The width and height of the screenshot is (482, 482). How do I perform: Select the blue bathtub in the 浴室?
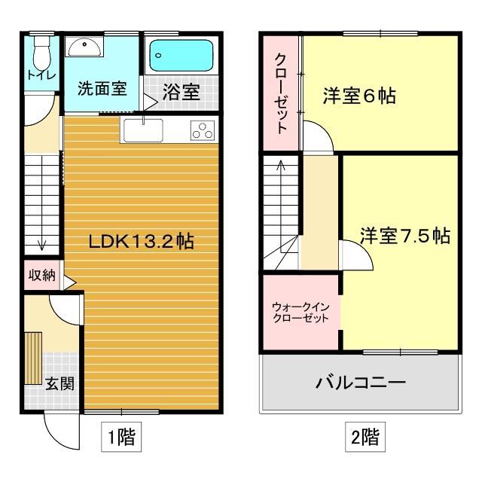coord(181,55)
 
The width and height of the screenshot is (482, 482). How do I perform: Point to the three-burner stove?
coord(201,131)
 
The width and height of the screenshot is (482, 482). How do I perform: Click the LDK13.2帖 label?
coord(142,242)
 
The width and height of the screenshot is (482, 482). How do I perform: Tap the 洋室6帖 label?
coord(360,96)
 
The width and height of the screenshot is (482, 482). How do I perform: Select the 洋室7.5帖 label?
coord(404,236)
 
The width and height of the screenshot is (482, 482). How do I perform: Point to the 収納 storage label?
coord(42,275)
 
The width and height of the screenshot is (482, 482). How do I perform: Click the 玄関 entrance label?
coord(59,383)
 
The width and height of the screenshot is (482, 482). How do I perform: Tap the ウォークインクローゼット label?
coord(300,313)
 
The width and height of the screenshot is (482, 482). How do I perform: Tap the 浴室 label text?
coord(181,93)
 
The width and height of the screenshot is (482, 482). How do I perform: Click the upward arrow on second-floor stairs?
coord(282,169)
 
